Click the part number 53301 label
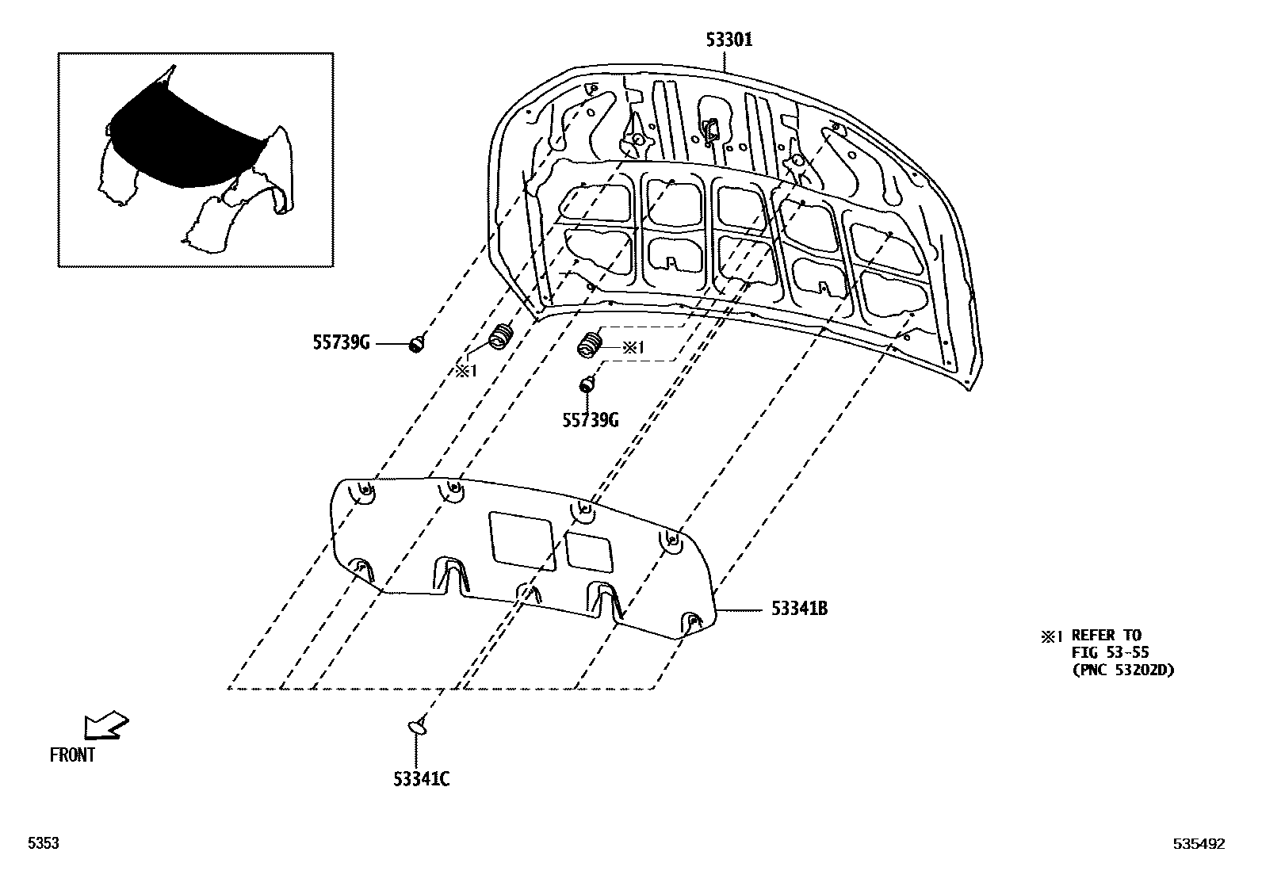(x=729, y=40)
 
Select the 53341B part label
(x=799, y=609)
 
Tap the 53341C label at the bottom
(x=421, y=780)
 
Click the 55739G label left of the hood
(x=340, y=343)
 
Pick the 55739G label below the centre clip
(x=590, y=420)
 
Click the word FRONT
(x=72, y=755)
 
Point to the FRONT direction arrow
(x=106, y=725)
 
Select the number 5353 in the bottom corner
(x=44, y=845)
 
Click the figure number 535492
(x=1199, y=845)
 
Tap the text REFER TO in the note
(x=1106, y=635)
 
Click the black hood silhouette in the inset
(x=186, y=139)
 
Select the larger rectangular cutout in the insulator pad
(x=521, y=541)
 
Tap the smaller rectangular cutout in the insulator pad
(x=589, y=552)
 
